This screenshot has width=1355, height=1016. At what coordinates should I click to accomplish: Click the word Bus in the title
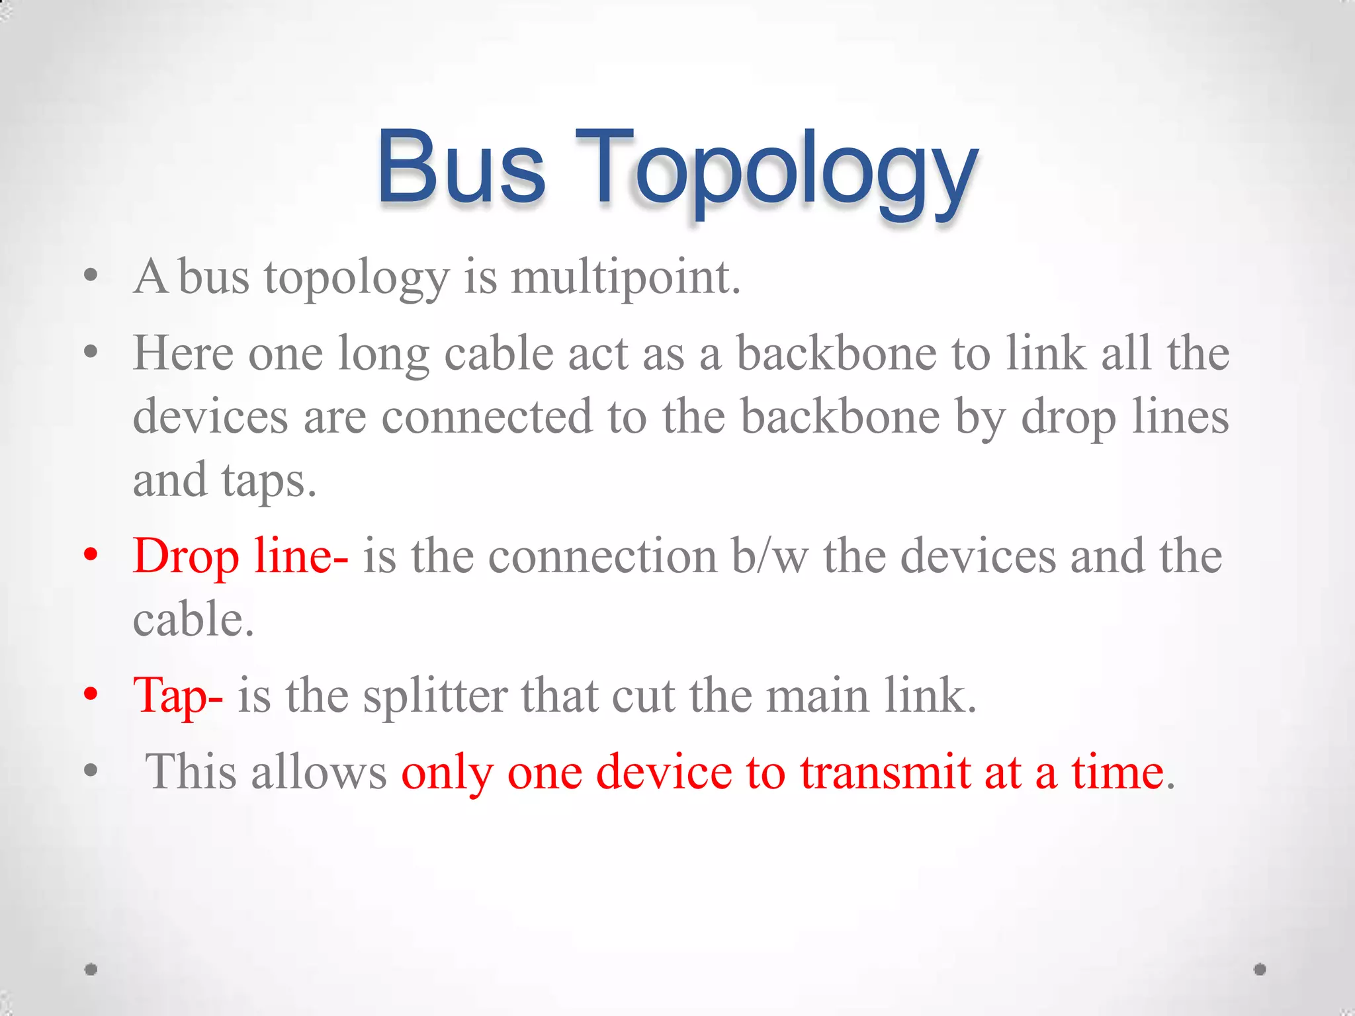click(461, 167)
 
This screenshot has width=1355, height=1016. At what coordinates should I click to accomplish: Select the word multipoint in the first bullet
click(625, 278)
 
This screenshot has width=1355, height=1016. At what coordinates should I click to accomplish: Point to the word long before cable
click(383, 355)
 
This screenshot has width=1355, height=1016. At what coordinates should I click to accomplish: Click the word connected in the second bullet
click(486, 417)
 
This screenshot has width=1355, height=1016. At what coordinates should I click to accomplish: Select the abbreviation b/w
click(770, 556)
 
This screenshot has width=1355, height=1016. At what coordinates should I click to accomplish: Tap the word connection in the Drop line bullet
click(603, 556)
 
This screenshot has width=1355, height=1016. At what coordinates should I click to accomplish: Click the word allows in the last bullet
click(319, 772)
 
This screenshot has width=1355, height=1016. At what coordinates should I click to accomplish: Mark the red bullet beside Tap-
click(91, 694)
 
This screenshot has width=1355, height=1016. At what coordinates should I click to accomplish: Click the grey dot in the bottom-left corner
click(91, 969)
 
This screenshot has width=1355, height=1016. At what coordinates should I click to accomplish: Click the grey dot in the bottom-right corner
click(1260, 969)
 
